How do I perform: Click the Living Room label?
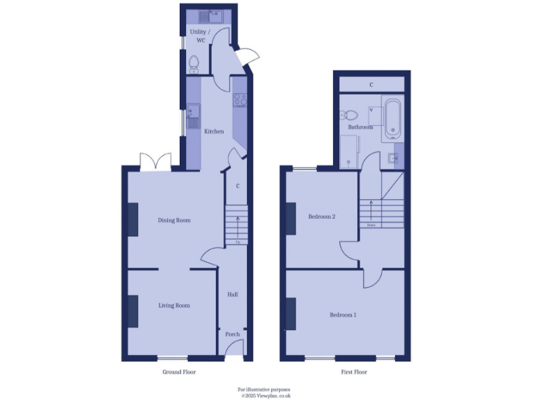coord(174,305)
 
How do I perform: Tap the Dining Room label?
coord(174,220)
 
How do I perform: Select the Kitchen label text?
coord(214,131)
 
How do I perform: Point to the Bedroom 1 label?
coord(343,315)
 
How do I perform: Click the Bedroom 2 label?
coord(321,217)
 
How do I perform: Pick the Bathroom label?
coord(360,127)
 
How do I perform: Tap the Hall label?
coord(233,294)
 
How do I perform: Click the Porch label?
coord(232,334)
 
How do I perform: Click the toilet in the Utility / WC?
coord(195,64)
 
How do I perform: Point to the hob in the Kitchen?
coord(240,99)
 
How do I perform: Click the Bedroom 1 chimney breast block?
coord(291,314)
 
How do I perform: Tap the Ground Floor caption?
coord(179,372)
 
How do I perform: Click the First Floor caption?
coord(353,372)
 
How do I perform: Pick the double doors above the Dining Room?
coord(155,162)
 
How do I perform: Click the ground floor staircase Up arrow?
coord(238,226)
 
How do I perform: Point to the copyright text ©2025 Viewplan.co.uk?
coord(266,395)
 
